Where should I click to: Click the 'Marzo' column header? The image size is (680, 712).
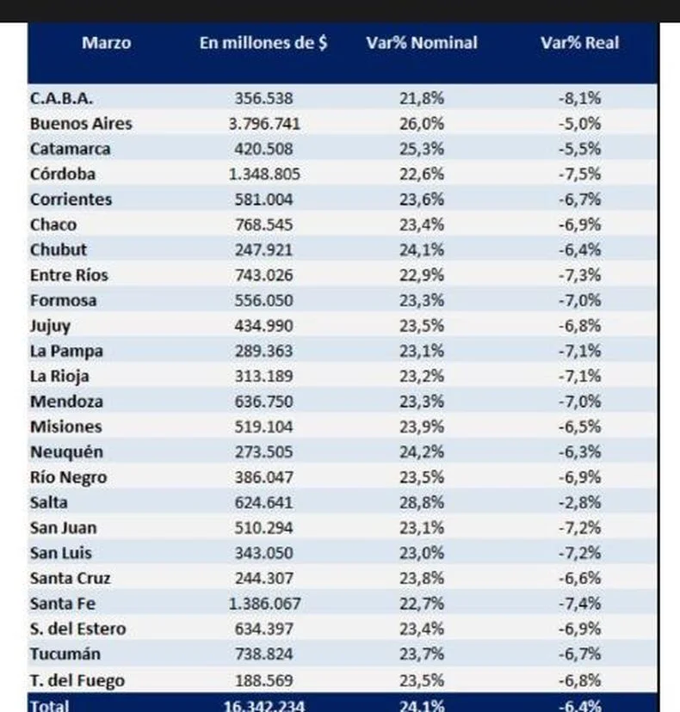point(107,43)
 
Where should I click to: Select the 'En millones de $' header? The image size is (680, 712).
point(263,43)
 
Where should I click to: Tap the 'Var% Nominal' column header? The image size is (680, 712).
point(422,43)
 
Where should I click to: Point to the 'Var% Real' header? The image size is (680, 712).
point(580,43)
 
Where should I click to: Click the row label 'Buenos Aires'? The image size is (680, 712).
point(81,124)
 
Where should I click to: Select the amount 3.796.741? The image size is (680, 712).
point(264,124)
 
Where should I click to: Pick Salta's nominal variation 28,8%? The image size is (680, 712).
point(422,502)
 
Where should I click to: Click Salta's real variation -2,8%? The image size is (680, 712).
point(580,502)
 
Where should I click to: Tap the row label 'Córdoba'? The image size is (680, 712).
point(63,174)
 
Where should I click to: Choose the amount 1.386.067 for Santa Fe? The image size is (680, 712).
point(264,604)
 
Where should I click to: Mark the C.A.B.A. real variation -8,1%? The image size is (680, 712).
point(580,98)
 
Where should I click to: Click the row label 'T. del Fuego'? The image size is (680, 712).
point(77,680)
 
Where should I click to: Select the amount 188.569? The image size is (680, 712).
point(264,680)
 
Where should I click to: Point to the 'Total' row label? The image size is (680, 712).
point(50,706)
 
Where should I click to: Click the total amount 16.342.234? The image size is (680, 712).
point(264,706)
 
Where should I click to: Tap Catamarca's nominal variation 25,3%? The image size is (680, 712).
point(422,149)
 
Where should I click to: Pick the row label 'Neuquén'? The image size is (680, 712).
point(67,452)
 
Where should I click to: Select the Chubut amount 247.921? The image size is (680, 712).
point(264,249)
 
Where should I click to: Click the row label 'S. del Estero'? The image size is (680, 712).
point(77,629)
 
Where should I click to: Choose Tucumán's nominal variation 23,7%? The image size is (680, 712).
point(422,654)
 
